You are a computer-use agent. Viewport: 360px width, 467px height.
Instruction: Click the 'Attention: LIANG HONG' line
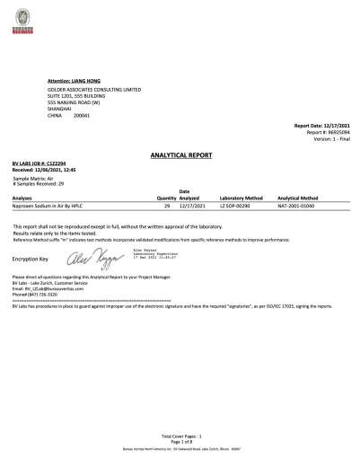tap(74, 82)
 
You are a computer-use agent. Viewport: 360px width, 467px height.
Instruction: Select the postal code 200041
tap(83, 116)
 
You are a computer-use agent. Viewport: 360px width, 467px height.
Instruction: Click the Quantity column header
tap(166, 197)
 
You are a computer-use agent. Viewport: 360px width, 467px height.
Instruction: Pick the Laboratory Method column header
tap(241, 197)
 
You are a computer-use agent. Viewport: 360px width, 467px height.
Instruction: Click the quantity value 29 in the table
tap(167, 206)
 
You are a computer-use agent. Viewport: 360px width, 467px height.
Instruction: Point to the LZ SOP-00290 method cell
tap(235, 206)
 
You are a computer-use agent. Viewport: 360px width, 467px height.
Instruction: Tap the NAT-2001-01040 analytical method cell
tap(297, 206)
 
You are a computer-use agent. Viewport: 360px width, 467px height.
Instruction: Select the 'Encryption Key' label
tap(30, 260)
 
